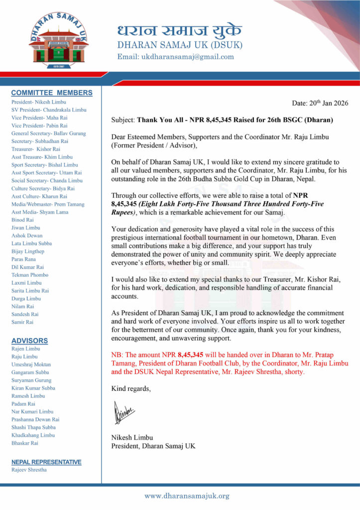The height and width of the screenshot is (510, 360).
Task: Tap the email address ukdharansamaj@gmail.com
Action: [175, 57]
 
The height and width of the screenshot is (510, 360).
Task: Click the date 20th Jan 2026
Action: [320, 103]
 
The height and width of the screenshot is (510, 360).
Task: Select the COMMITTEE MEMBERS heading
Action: [52, 93]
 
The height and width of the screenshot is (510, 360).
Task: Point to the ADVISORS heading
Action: [30, 341]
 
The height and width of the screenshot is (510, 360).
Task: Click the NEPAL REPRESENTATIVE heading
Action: [46, 462]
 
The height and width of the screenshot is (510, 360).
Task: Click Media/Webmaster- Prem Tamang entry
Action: [48, 204]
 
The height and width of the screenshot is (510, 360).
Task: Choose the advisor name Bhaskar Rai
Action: [25, 443]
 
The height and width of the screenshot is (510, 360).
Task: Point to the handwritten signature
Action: [124, 413]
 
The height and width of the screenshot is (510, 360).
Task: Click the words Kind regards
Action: [131, 388]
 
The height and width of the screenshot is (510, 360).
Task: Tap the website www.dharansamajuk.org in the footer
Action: [187, 496]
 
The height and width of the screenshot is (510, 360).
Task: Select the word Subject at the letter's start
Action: [122, 120]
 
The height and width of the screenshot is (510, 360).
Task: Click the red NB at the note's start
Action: [116, 355]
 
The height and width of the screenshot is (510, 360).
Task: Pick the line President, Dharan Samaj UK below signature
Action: [153, 446]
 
